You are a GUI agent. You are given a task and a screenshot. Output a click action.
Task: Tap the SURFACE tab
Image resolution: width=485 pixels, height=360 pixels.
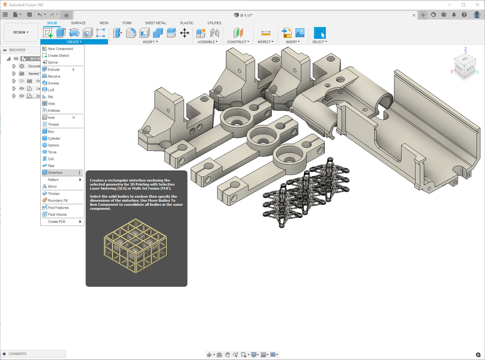[x=78, y=23]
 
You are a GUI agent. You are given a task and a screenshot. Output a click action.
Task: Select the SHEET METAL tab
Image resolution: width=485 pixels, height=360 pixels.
[x=156, y=23]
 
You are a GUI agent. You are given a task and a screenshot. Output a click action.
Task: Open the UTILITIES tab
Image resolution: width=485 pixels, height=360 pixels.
[x=214, y=23]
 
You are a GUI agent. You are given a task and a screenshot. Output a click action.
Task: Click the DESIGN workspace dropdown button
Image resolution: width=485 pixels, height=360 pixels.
[x=21, y=32]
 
